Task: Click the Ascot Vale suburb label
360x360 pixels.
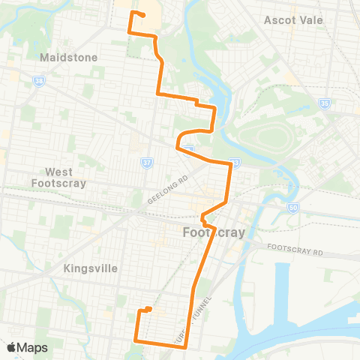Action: coord(293,19)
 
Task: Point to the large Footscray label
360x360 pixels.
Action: coord(214,232)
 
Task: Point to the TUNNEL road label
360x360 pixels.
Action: coord(200,307)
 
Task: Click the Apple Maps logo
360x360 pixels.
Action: coord(27,347)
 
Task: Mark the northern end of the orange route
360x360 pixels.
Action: coord(142,16)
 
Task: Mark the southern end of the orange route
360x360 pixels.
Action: coord(149,309)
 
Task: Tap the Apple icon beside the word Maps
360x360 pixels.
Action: coord(12,347)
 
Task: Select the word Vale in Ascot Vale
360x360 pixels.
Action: coord(309,19)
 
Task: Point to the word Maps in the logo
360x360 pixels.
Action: coord(33,348)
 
